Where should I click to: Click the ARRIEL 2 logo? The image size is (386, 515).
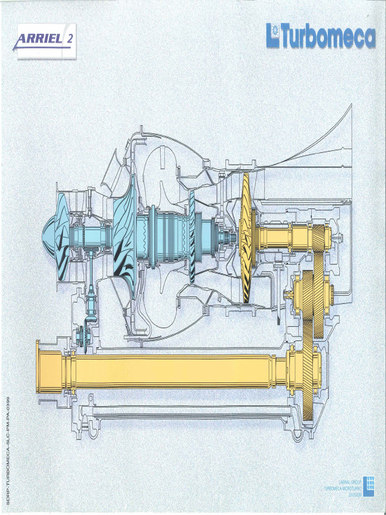(46, 41)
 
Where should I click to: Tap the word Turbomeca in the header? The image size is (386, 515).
(328, 36)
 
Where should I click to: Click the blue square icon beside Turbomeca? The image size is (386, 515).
(273, 36)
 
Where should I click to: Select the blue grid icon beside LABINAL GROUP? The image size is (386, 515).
(368, 486)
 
